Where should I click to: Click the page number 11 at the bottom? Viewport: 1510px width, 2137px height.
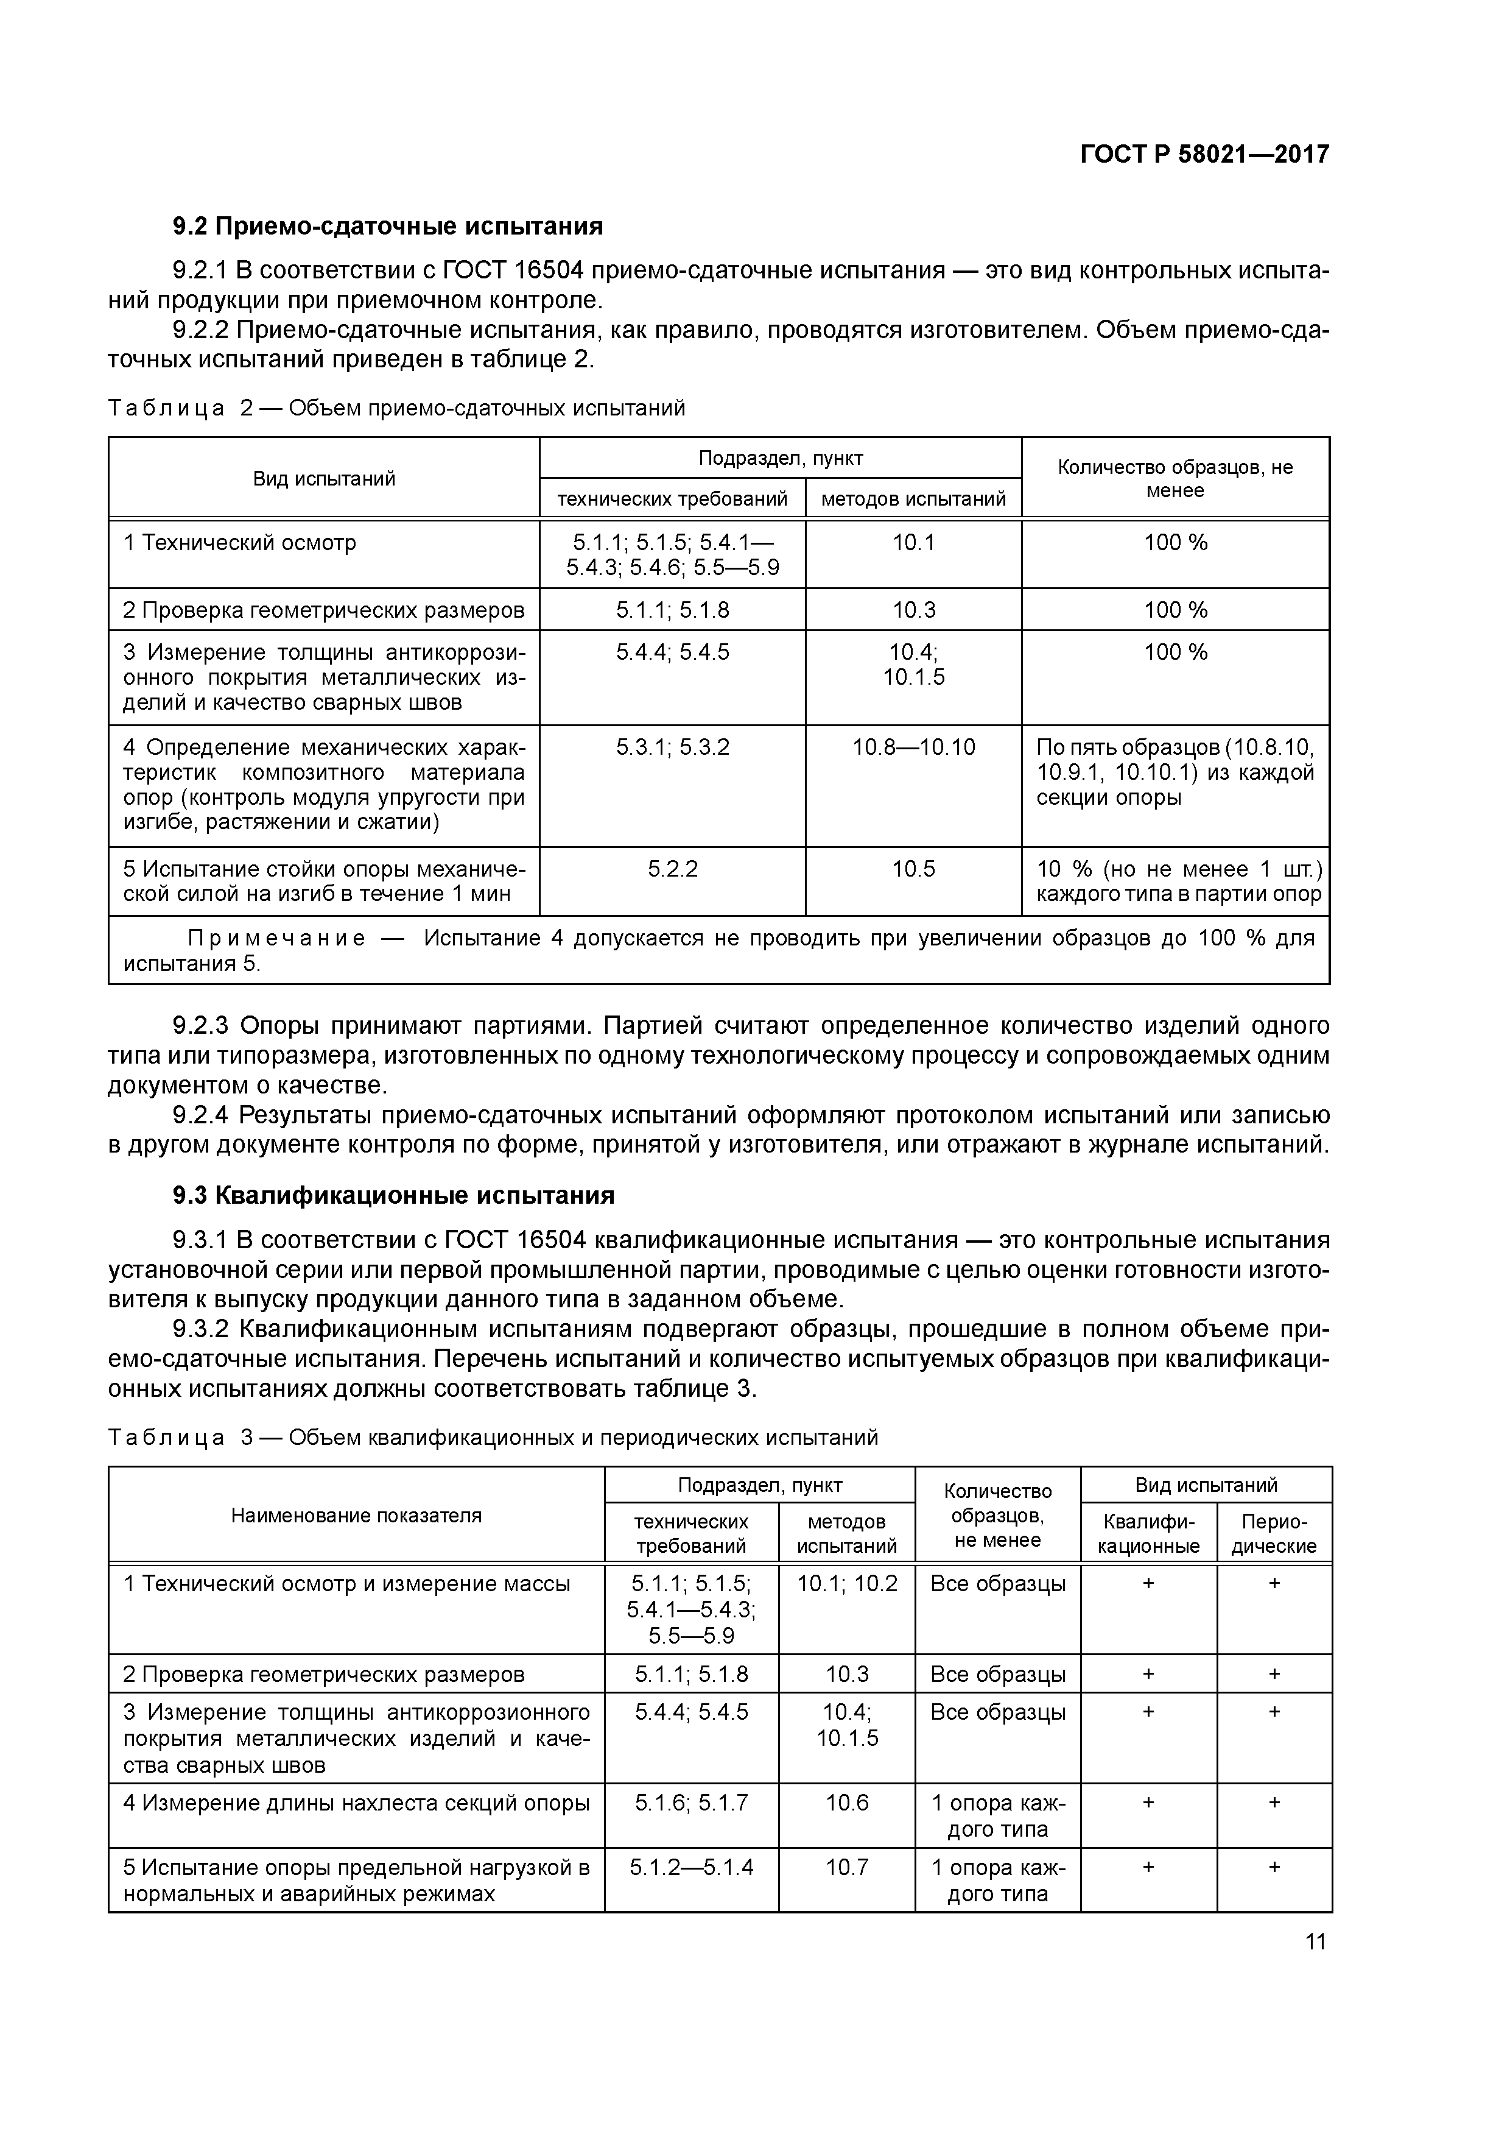click(1315, 1941)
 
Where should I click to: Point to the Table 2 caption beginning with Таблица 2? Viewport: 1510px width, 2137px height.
click(396, 409)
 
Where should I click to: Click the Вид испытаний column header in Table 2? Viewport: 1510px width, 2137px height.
click(324, 478)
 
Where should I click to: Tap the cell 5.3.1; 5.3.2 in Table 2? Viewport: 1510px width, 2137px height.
click(672, 746)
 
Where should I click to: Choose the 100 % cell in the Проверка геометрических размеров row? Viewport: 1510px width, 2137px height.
click(1175, 610)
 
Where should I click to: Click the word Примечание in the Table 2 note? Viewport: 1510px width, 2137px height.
click(276, 938)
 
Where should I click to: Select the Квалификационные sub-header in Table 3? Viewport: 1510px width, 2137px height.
click(1148, 1534)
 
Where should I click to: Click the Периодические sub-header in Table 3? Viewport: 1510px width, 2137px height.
click(1274, 1534)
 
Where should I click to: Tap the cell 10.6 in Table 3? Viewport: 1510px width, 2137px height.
click(847, 1803)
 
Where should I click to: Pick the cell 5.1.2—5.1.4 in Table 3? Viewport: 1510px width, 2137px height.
click(690, 1867)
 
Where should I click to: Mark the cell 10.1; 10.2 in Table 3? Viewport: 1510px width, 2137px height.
click(847, 1583)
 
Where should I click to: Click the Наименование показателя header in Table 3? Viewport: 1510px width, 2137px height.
click(356, 1515)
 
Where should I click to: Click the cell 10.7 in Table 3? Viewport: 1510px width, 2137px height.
click(847, 1867)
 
